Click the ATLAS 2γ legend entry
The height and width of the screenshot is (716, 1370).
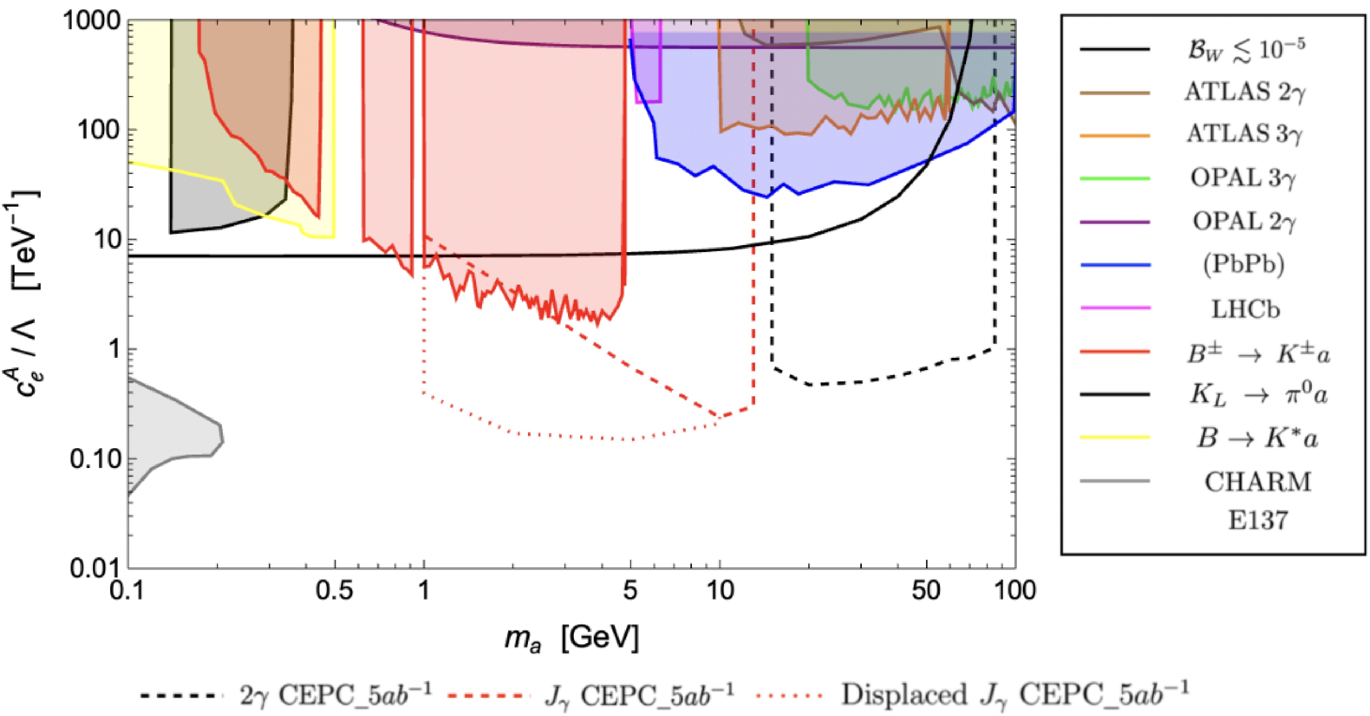click(1245, 93)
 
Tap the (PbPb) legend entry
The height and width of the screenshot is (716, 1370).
click(1243, 264)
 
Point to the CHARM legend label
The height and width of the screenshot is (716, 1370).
click(1258, 482)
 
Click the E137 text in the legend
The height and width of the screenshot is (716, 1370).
click(1258, 519)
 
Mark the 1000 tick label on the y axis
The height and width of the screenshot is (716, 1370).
click(92, 21)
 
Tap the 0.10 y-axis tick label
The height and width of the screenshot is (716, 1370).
click(96, 459)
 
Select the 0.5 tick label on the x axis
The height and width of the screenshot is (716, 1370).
click(335, 591)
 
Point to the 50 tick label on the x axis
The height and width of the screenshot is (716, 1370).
click(926, 591)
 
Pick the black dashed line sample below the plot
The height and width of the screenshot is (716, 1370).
click(181, 695)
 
